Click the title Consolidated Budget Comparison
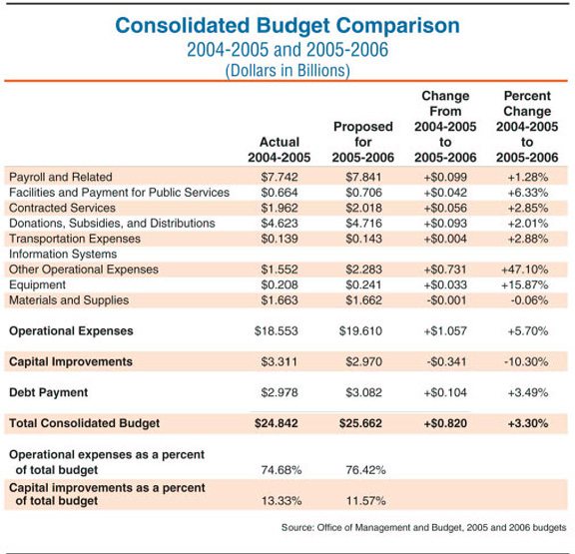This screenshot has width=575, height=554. click(287, 26)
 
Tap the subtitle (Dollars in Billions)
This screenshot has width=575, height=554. click(287, 71)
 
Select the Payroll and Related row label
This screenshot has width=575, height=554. click(61, 177)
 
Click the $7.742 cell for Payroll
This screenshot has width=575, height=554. click(280, 177)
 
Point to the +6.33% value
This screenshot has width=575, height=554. click(528, 193)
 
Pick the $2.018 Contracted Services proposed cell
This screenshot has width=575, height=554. click(363, 208)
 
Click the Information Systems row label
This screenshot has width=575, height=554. click(63, 255)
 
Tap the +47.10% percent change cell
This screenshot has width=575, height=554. click(525, 270)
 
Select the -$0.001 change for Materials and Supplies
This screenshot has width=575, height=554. click(446, 300)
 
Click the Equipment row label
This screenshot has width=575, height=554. click(37, 284)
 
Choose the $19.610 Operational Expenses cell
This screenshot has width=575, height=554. click(360, 331)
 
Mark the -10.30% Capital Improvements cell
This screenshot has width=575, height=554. click(526, 362)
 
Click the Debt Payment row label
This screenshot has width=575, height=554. click(48, 392)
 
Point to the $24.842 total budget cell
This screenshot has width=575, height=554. click(277, 423)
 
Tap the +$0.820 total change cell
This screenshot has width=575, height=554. click(445, 423)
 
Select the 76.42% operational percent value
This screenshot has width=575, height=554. click(365, 470)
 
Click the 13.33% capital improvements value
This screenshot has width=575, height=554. click(282, 501)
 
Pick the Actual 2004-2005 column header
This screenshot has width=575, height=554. click(280, 150)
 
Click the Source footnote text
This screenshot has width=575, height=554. click(424, 528)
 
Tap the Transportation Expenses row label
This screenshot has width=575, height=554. click(75, 239)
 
